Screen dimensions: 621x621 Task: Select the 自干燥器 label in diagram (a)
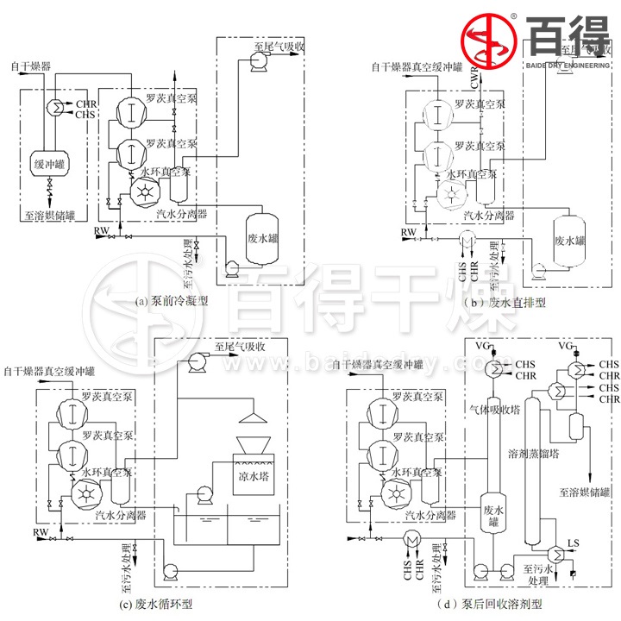pyautogui.click(x=30, y=66)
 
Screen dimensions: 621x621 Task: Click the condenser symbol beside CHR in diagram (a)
pyautogui.click(x=51, y=108)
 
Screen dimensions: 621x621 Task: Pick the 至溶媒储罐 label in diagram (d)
pyautogui.click(x=584, y=492)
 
